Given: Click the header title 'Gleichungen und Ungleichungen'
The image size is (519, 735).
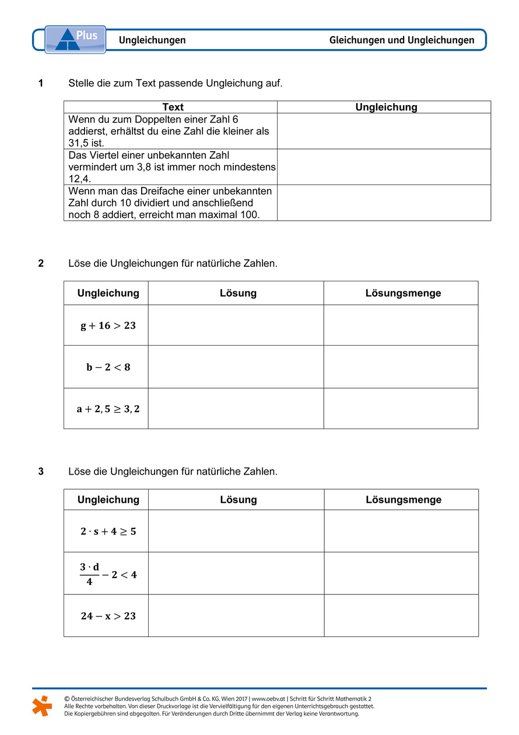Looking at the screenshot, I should coord(402,40).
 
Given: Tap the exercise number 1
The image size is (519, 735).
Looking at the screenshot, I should coord(41,83).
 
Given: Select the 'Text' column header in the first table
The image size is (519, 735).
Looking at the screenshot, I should coord(173,107).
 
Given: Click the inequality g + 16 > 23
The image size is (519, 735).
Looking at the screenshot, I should coord(108,326).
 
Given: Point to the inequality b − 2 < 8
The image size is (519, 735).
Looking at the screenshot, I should coord(108,367).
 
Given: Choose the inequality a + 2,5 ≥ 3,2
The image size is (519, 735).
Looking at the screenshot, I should coord(108,409).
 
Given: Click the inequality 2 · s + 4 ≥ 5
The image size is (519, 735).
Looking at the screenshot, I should coord(108,531).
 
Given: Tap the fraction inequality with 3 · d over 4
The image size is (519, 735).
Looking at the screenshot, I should coord(108,574).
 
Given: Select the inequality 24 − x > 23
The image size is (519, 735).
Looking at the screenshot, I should coord(108,616).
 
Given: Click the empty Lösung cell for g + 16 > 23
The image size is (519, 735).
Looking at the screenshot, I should coord(236,325).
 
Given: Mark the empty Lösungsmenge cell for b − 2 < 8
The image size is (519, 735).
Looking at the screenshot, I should coord(401,367).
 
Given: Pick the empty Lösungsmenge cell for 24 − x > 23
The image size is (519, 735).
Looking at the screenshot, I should coord(401,616).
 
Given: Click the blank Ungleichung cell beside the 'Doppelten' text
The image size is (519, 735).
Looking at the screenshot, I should coord(383,131).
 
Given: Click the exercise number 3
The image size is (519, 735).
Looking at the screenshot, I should coord(41,471).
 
